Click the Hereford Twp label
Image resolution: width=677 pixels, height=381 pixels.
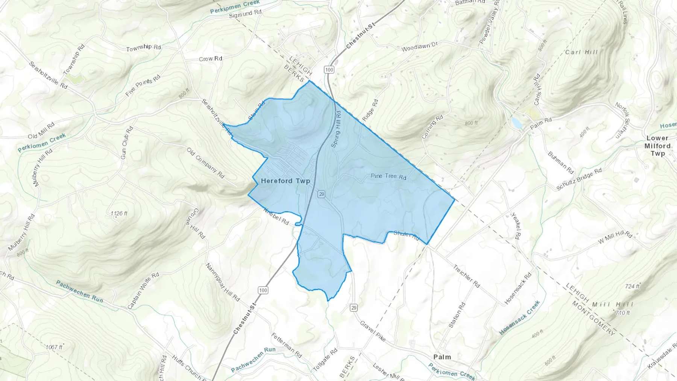(x=285, y=181)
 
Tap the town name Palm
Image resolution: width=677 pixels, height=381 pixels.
(x=442, y=357)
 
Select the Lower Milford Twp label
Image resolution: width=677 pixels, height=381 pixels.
(x=657, y=146)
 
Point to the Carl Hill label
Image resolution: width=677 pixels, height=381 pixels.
(x=581, y=52)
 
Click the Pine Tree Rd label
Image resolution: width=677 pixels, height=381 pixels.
(x=388, y=176)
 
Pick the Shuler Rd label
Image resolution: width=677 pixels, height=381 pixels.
(x=406, y=235)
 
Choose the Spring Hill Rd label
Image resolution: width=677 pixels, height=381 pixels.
(x=335, y=129)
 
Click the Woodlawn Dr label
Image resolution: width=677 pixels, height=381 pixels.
(x=419, y=47)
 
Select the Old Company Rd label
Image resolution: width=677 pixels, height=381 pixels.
(x=205, y=163)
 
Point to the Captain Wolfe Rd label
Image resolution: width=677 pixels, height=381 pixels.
(x=143, y=291)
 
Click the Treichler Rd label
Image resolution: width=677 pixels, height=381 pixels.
(x=466, y=276)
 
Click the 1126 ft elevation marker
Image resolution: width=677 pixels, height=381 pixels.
(x=119, y=214)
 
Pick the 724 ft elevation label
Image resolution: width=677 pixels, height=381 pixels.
(x=632, y=286)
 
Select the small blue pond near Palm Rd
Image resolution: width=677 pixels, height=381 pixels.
(x=516, y=122)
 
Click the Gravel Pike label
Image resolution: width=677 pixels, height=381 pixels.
(x=373, y=331)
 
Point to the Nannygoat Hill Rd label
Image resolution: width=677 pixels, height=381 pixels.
(x=222, y=282)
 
